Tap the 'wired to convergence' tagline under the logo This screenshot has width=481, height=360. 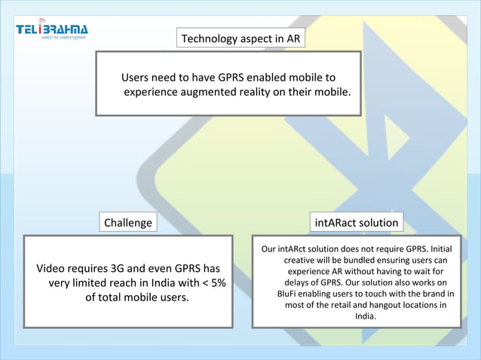click(64, 36)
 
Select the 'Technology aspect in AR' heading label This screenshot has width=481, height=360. click(241, 38)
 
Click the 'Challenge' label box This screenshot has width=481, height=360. click(128, 223)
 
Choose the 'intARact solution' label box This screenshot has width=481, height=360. click(357, 223)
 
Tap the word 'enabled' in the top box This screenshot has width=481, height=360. click(259, 78)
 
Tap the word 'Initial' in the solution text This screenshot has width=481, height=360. click(440, 248)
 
